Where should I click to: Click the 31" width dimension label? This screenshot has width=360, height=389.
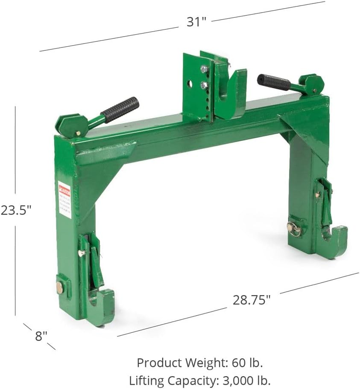tap(196, 22)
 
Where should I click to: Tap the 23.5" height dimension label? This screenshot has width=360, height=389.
tap(16, 210)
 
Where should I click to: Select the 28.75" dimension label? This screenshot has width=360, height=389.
tap(252, 300)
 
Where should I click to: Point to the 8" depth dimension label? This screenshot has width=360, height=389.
tap(41, 336)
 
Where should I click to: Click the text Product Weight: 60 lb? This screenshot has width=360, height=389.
tap(199, 363)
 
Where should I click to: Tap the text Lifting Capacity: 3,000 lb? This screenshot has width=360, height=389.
tap(200, 379)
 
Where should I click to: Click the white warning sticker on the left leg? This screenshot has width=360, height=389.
tap(64, 200)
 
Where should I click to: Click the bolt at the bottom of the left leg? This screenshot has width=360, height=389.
tap(59, 288)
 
